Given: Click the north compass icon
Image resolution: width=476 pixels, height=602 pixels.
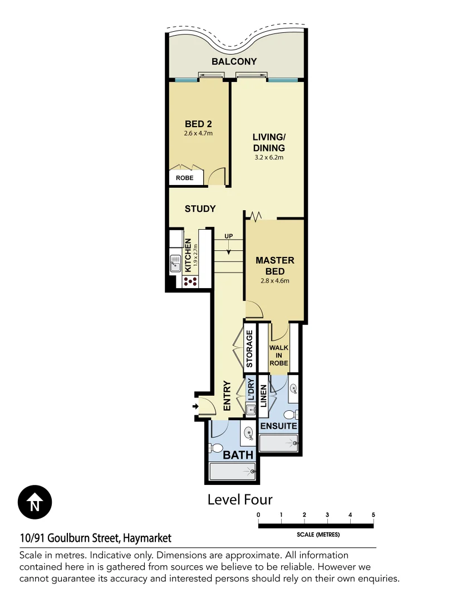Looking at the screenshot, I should pos(35,503).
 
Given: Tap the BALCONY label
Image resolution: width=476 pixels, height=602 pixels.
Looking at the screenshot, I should pos(234,61).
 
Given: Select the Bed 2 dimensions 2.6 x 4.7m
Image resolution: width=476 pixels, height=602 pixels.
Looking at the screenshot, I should pos(199,134).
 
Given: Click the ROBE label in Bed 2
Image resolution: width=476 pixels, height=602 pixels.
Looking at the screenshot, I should pos(185,178).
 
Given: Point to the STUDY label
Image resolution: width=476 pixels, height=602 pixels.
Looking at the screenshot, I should pos(200,209).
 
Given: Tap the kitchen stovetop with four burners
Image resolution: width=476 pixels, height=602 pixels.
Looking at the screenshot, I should pos(190,281).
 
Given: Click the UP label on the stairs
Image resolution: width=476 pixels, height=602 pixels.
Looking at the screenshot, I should pos(228,236).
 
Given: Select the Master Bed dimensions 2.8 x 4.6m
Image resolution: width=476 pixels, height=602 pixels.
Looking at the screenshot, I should pos(275,281).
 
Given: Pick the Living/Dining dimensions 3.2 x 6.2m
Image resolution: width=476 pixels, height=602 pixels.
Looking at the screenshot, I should pos(268,158).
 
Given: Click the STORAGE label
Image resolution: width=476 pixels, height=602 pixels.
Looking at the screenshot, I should pos(249,348).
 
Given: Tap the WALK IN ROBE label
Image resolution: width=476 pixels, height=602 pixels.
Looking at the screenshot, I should pos(278,355).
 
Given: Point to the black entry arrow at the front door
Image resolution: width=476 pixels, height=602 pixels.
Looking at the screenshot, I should pos(195,407).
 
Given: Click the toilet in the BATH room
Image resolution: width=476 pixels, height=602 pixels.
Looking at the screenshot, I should pos(215,448).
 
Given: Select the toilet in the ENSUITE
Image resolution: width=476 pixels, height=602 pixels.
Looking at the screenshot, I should pos(289,415).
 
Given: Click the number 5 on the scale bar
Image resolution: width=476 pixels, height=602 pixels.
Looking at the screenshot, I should pos(373,514).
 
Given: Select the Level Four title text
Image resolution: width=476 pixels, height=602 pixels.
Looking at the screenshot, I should pos(240,499).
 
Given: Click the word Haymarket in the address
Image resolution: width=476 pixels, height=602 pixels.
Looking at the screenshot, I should pos(146,538).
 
